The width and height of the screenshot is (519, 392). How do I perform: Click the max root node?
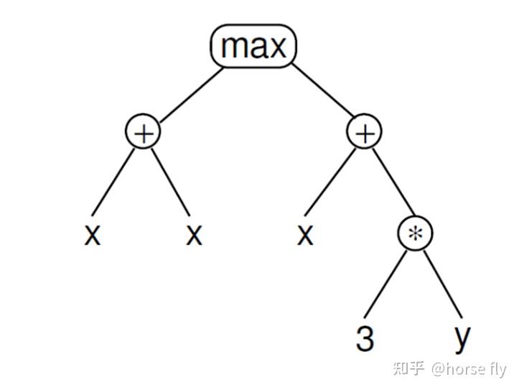(x=253, y=47)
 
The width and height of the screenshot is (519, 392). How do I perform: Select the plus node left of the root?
(x=144, y=133)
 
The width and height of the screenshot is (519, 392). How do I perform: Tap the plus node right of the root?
(x=365, y=133)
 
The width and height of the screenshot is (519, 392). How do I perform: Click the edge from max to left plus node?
(x=188, y=97)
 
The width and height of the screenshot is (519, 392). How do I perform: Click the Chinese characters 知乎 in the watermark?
(x=409, y=370)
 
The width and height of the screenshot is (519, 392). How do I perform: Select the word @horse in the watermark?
(x=459, y=370)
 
